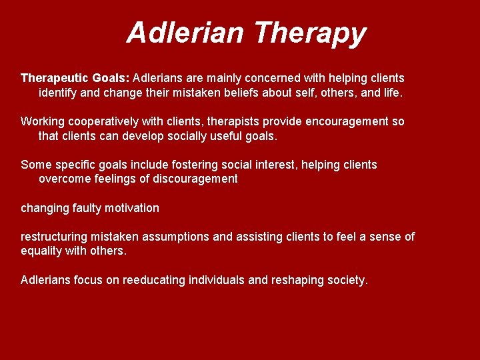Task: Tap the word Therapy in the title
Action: [x=310, y=33]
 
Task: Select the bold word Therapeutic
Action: [x=54, y=78]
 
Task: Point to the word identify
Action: [x=58, y=93]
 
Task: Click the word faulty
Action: [x=83, y=208]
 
